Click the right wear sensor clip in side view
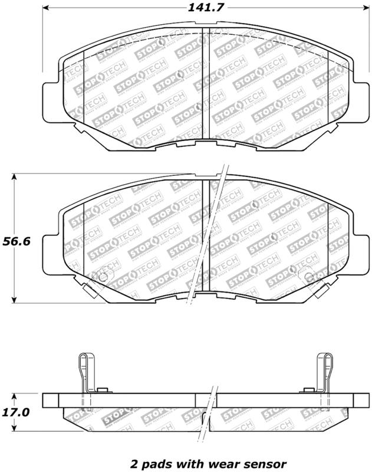[x=325, y=375]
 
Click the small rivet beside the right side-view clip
[x=308, y=390]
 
